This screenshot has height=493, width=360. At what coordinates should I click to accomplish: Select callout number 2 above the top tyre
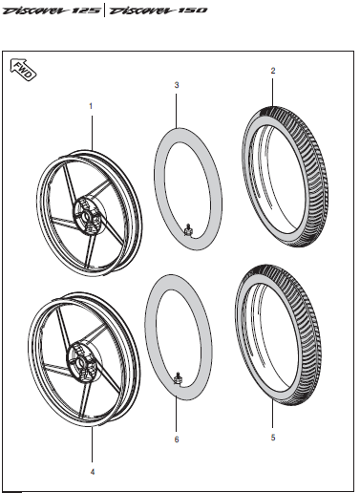click(272, 71)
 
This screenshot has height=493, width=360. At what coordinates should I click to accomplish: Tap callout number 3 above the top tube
click(177, 85)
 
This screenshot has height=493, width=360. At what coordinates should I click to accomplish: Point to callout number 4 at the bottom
click(92, 471)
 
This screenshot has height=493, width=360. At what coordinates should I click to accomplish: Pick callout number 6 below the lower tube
click(177, 439)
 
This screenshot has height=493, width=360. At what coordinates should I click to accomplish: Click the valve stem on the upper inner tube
click(189, 228)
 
